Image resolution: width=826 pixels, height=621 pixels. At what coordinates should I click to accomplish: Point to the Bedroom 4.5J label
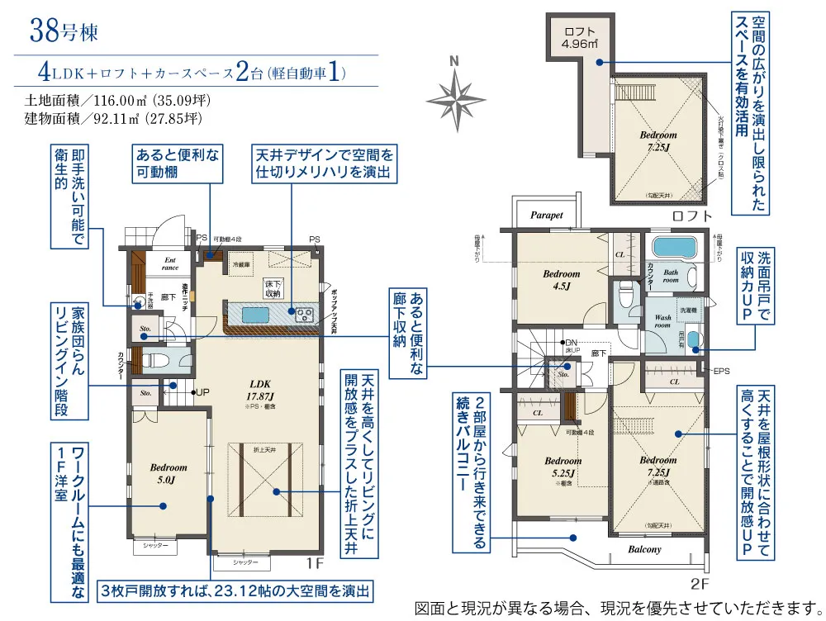coord(562,279)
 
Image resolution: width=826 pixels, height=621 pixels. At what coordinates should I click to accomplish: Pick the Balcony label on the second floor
coord(644,549)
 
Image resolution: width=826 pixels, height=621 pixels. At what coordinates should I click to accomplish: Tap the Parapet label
coord(546,215)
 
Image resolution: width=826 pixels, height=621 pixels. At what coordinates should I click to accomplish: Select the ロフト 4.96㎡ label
coord(580,38)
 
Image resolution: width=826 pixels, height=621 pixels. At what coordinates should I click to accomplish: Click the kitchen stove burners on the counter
coord(301,313)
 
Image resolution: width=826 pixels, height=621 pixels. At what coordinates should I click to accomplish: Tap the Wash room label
coord(662,320)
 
